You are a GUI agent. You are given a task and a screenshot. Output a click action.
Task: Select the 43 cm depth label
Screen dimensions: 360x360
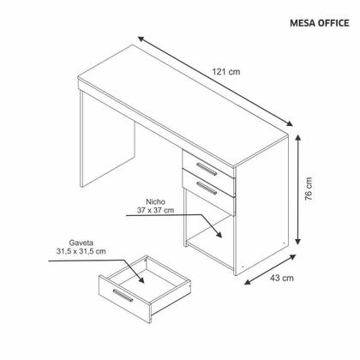[x=284, y=277]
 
